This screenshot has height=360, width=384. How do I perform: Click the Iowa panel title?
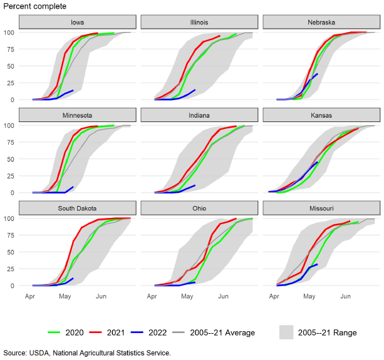pos(78,23)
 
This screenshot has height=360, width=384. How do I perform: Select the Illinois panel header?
pos(199,23)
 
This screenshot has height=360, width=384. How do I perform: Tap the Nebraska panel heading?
pos(321,23)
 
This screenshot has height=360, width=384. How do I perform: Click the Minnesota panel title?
pos(78,115)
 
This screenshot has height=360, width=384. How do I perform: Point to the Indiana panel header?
pos(199,115)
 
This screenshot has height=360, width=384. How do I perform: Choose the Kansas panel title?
pos(321,115)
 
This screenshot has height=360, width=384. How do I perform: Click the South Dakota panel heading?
pos(78,208)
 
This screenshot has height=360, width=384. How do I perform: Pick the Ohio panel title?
pos(199,208)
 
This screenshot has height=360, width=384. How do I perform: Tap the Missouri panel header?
pos(321,208)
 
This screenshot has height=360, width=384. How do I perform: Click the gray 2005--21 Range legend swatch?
pos(286,332)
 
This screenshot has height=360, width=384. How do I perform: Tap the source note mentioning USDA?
pos(86,353)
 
